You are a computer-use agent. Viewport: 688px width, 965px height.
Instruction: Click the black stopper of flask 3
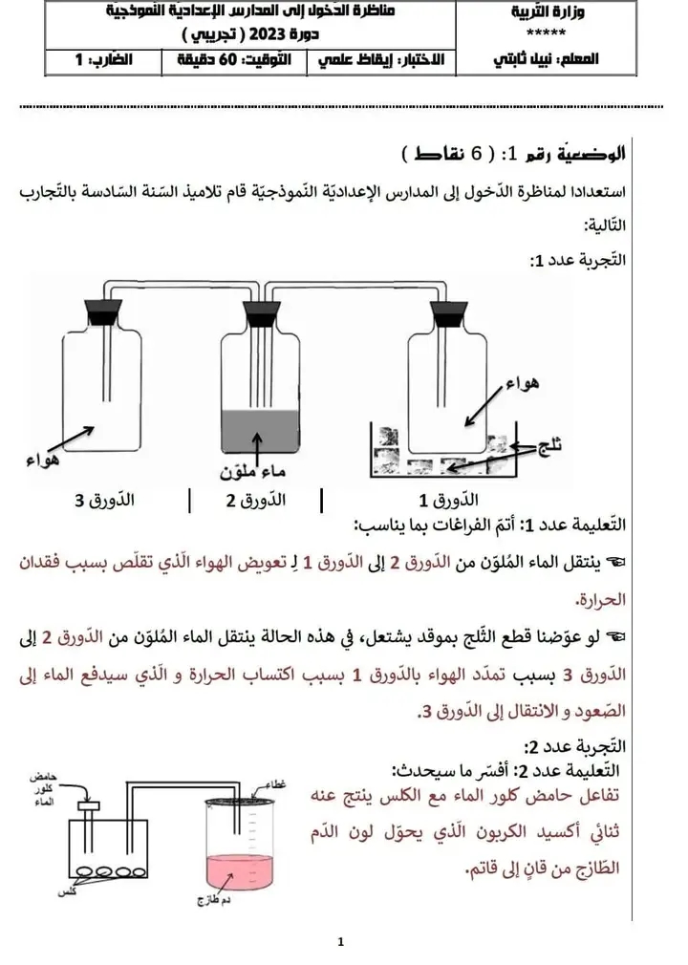pyautogui.click(x=103, y=312)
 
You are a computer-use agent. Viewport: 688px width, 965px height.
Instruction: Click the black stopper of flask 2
pyautogui.click(x=262, y=314)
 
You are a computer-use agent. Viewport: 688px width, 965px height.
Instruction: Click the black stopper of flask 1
pyautogui.click(x=448, y=314)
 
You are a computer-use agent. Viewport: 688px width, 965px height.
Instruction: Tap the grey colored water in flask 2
pyautogui.click(x=261, y=432)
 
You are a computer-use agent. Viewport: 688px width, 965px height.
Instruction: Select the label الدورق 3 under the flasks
pyautogui.click(x=105, y=500)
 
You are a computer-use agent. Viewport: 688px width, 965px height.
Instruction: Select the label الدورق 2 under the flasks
pyautogui.click(x=255, y=500)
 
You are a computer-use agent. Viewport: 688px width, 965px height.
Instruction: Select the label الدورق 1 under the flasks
pyautogui.click(x=448, y=500)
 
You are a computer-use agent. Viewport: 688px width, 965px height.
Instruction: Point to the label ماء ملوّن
pyautogui.click(x=253, y=472)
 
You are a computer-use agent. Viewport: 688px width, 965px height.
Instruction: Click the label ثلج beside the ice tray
pyautogui.click(x=549, y=445)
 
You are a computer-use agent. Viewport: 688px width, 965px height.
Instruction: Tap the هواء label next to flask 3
pyautogui.click(x=43, y=460)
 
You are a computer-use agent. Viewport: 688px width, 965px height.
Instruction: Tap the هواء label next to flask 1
pyautogui.click(x=523, y=383)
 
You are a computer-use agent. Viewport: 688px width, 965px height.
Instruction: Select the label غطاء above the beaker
pyautogui.click(x=276, y=784)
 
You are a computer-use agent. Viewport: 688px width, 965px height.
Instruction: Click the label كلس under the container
pyautogui.click(x=67, y=891)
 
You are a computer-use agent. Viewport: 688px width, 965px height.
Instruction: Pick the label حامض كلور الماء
pyautogui.click(x=43, y=789)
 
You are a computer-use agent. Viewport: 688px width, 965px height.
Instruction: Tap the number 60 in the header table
pyautogui.click(x=227, y=59)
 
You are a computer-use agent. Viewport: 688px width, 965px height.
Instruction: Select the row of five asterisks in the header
pyautogui.click(x=547, y=32)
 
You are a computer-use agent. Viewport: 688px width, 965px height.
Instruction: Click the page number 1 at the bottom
pyautogui.click(x=341, y=942)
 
